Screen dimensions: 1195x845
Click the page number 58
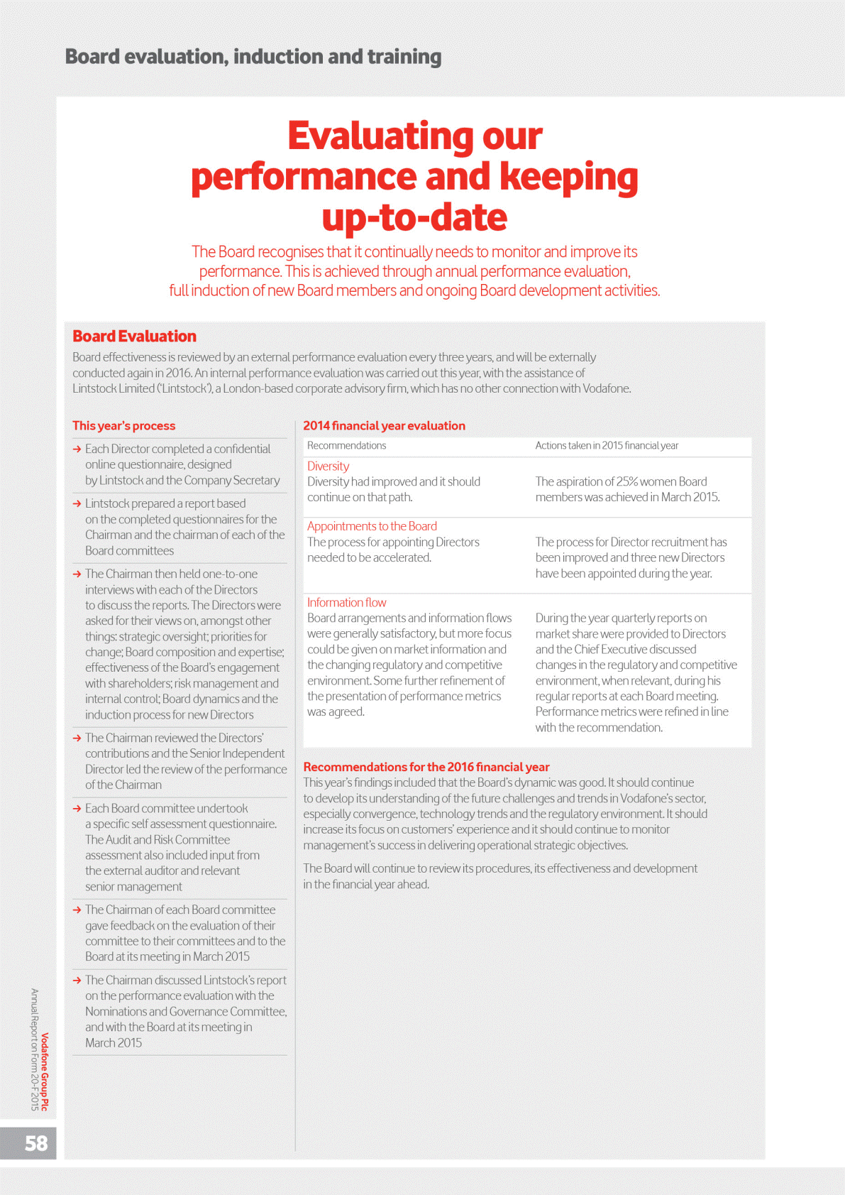click(x=36, y=1143)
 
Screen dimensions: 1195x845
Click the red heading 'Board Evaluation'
click(x=134, y=337)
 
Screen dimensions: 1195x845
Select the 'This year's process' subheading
click(x=123, y=426)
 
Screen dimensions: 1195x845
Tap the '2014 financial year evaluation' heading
click(x=384, y=426)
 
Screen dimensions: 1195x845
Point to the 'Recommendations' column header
click(x=346, y=446)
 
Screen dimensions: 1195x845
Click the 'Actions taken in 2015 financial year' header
click(x=607, y=446)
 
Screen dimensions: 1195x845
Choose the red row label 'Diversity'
click(x=328, y=466)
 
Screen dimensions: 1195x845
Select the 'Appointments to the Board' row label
click(x=372, y=526)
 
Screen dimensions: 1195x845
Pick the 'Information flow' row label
click(x=346, y=603)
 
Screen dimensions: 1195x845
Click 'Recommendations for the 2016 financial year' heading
click(x=426, y=767)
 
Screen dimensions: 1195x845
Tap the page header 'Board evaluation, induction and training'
click(x=253, y=57)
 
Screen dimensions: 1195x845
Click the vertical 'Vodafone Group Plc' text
click(x=45, y=1071)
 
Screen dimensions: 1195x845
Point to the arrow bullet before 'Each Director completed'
click(x=77, y=449)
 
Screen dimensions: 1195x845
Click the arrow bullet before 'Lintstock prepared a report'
click(x=77, y=503)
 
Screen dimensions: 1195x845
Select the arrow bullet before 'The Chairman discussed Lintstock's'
click(x=77, y=981)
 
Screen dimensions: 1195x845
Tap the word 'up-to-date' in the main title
click(x=414, y=217)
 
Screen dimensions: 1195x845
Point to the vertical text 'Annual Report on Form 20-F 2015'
click(x=34, y=1049)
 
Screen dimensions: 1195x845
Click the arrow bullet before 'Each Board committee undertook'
click(x=77, y=809)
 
